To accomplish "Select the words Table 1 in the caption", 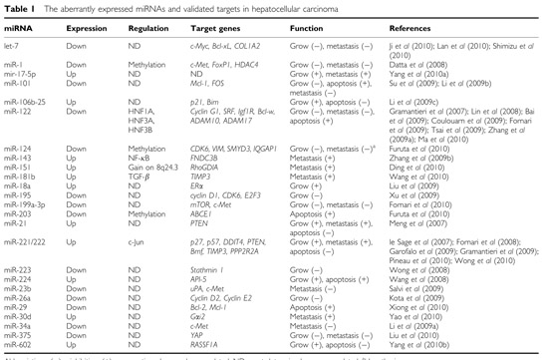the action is pos(20,8).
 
